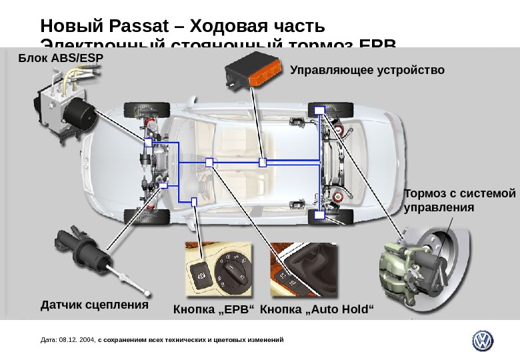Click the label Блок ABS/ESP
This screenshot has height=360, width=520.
coord(61,58)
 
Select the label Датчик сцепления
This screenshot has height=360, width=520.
coord(94,305)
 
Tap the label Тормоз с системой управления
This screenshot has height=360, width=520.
coord(460,200)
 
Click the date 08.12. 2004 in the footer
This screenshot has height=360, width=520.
coord(77,340)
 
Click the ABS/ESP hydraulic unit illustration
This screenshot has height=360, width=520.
coord(63,107)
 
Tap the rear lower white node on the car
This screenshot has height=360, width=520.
coord(319,215)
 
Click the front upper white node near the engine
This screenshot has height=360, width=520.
coord(149,141)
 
